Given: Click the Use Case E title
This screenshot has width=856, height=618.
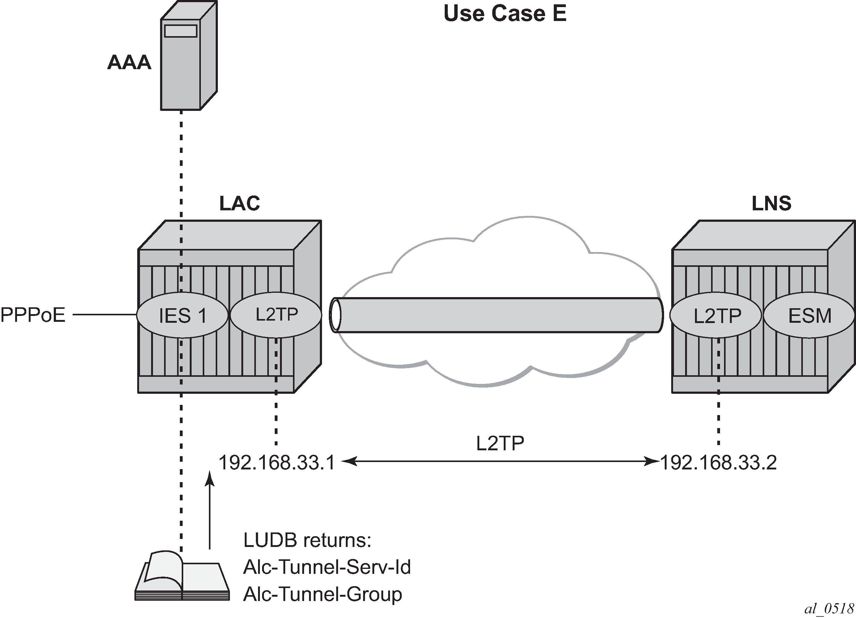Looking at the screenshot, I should pyautogui.click(x=505, y=14).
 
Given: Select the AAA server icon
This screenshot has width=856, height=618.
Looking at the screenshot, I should pyautogui.click(x=189, y=56).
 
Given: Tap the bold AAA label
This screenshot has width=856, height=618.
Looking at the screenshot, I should pyautogui.click(x=129, y=63).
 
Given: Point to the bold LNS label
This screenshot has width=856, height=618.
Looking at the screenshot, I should pyautogui.click(x=771, y=204).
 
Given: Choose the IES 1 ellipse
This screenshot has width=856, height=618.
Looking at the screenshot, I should pyautogui.click(x=183, y=315).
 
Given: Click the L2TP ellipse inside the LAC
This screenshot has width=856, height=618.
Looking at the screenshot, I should pyautogui.click(x=276, y=315).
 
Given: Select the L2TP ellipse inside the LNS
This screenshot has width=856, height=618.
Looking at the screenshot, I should pyautogui.click(x=716, y=315).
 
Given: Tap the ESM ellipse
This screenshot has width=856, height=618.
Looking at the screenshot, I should pyautogui.click(x=809, y=315).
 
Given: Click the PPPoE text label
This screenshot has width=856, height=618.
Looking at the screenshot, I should pyautogui.click(x=33, y=315).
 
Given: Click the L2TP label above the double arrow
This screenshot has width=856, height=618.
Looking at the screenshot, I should pyautogui.click(x=500, y=443).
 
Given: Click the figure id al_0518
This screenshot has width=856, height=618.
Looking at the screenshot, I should pyautogui.click(x=829, y=608).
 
